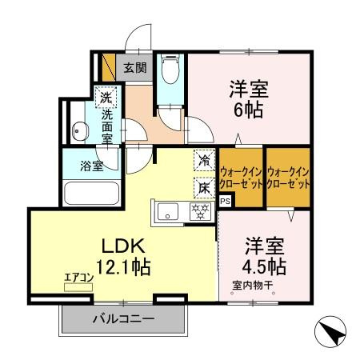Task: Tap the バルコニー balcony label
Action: (x=122, y=318)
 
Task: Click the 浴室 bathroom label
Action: (x=90, y=166)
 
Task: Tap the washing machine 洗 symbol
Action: (x=105, y=98)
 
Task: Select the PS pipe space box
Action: (x=225, y=201)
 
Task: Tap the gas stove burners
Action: (x=199, y=211)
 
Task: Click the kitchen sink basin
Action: (x=169, y=212)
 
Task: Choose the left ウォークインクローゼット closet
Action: (x=241, y=176)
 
